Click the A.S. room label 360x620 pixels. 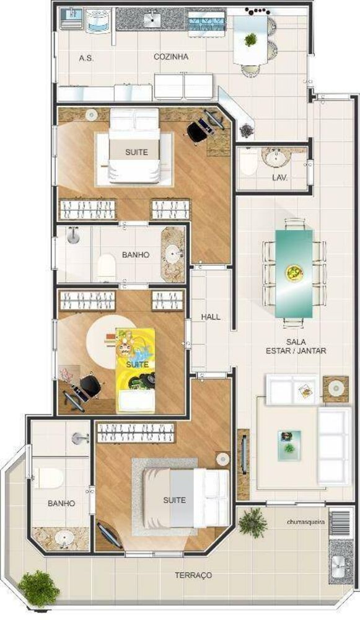86,58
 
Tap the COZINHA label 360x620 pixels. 171,57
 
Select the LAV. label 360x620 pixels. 279,177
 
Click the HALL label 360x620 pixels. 211,317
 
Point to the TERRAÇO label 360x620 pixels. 193,575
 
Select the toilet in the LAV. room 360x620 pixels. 247,162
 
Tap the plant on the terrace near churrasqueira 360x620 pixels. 252,522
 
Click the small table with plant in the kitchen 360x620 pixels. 251,40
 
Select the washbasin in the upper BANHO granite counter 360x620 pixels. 172,254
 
